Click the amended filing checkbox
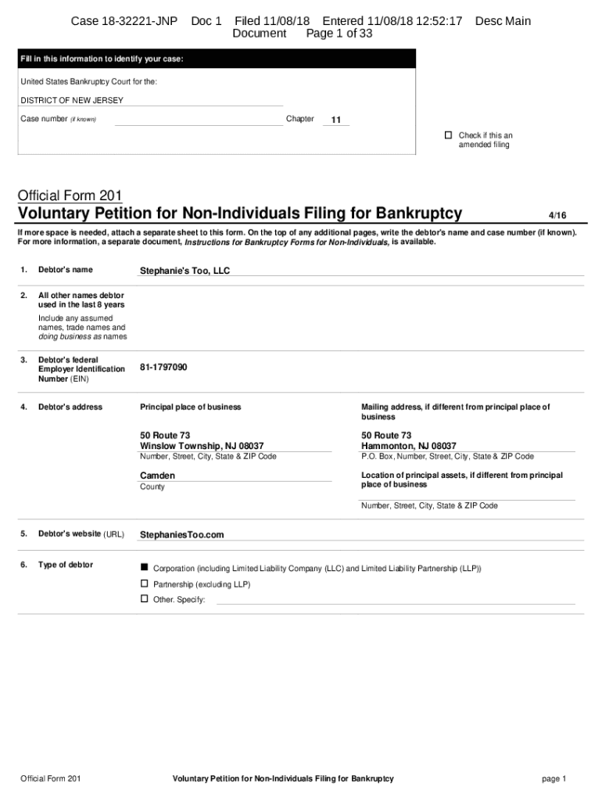click(x=448, y=135)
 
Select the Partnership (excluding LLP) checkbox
click(x=144, y=584)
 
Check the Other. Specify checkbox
click(x=144, y=598)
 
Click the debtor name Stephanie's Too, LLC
click(x=185, y=271)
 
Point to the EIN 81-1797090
click(x=163, y=368)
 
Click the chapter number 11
click(x=336, y=120)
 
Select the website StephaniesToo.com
click(x=181, y=535)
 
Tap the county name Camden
click(x=157, y=476)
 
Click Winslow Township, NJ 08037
click(x=202, y=446)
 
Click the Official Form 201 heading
click(x=69, y=195)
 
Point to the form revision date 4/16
click(x=557, y=216)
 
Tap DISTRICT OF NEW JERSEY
click(x=72, y=101)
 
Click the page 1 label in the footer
click(x=554, y=779)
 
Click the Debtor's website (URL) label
click(x=81, y=534)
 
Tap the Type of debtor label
click(x=66, y=565)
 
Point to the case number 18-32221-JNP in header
click(x=124, y=21)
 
